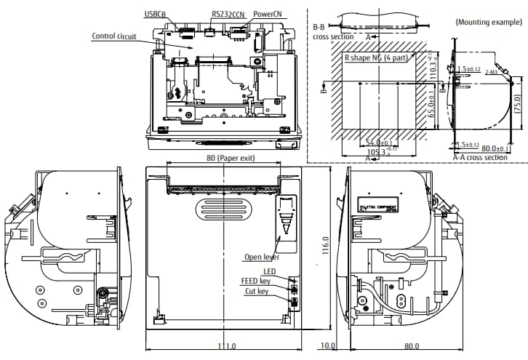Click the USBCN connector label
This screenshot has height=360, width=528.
coord(156,14)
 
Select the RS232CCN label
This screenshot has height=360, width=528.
coord(228,14)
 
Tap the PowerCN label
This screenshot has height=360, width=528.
coord(268,14)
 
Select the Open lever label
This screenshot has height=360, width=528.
coord(262,257)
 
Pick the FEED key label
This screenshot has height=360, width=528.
coord(256,280)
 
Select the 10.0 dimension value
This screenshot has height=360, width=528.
coord(329,345)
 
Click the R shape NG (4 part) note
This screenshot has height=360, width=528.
coord(377,56)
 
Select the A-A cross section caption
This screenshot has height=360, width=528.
coord(480,156)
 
